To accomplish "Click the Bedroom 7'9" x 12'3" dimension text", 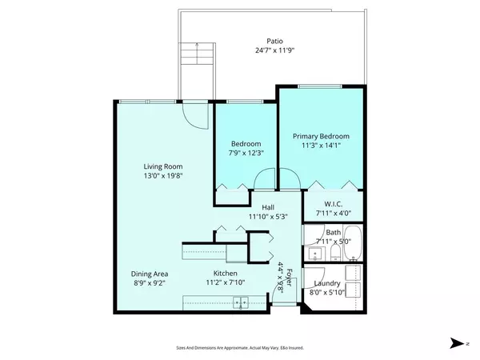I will [x=243, y=153].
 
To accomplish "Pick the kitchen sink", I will [x=239, y=302].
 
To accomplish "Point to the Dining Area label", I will [x=150, y=274].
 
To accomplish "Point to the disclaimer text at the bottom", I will [x=239, y=347].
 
